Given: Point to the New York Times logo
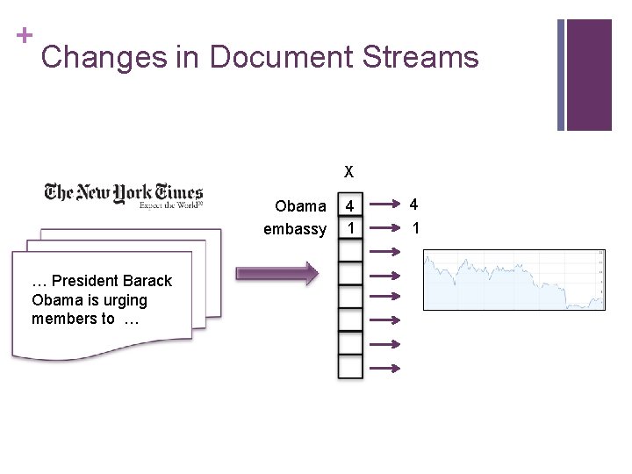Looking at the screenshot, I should point(124,195).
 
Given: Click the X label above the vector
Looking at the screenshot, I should point(349,170).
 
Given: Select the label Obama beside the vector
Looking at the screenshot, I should point(300,206).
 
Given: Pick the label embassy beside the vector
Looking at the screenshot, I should point(295,229).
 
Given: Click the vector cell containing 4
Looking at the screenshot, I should point(350,207).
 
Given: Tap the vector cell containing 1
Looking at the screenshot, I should point(350,228).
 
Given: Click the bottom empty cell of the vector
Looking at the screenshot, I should point(350,366).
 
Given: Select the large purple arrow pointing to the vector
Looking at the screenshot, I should point(276,273).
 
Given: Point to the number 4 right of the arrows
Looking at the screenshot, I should point(414,205).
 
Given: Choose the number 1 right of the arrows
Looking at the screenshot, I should point(415,228).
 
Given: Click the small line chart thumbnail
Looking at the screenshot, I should point(513,279).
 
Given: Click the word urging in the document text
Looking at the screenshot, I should point(123,300).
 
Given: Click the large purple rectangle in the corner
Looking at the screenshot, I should point(589,74).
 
